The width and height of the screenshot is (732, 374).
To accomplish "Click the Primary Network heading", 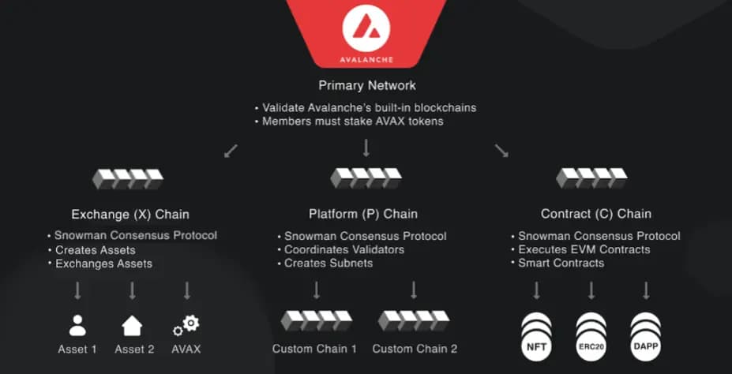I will [366, 85].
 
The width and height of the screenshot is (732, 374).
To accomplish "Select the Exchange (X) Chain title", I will [130, 214].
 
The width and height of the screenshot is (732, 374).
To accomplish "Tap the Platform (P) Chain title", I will [362, 214].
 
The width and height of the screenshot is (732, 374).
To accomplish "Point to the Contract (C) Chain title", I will [595, 214].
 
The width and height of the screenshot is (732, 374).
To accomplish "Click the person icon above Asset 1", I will [77, 325].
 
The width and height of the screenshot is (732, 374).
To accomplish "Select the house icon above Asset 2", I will [132, 325].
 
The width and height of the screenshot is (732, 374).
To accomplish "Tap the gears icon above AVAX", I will [186, 324].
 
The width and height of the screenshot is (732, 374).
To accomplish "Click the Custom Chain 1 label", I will [314, 348].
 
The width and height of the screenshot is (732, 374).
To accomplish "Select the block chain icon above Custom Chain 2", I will [414, 320].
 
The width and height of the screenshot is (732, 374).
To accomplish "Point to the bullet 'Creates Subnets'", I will [328, 263].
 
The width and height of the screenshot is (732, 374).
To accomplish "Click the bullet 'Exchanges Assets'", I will [103, 263].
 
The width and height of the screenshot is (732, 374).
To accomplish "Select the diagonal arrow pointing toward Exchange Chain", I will [231, 150].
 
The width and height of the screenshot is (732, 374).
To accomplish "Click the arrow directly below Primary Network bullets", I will [366, 148].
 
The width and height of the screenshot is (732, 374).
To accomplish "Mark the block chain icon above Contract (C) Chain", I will [591, 178].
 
